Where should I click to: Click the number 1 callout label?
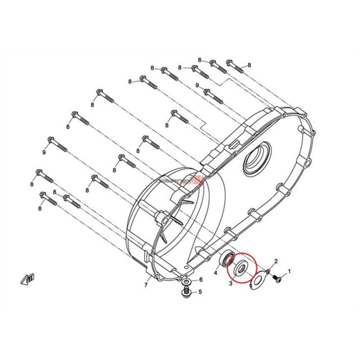286,270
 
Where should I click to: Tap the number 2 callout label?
277,261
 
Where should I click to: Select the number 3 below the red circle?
231,283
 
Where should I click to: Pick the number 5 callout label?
200,292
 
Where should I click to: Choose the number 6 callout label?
200,280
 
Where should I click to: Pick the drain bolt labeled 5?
187,292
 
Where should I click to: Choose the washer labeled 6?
187,281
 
